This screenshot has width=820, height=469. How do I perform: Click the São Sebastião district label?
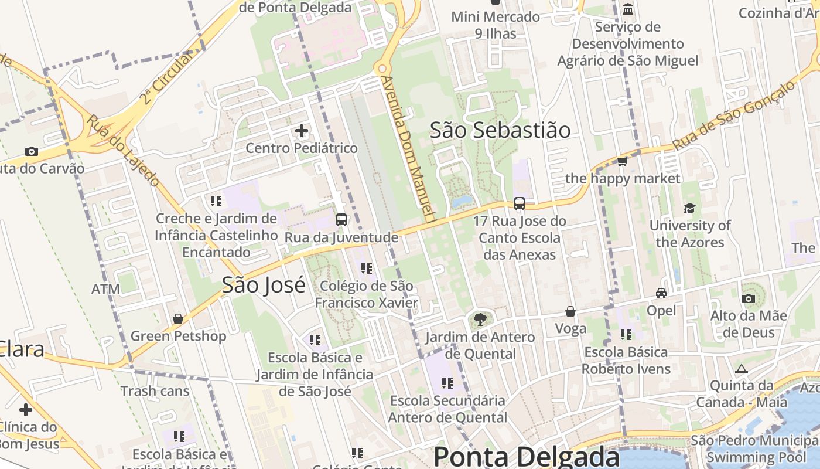coord(500,130)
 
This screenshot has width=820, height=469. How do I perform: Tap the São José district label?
coord(264,285)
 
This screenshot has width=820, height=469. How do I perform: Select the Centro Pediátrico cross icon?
coord(302,131)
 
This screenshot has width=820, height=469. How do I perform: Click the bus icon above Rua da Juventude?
coord(341,220)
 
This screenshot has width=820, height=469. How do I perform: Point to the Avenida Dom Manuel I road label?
coord(409,149)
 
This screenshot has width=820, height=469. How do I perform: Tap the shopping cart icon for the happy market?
coord(622,161)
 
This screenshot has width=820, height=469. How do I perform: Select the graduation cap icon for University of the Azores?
coord(689,209)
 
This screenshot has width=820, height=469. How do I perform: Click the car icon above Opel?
coord(661,293)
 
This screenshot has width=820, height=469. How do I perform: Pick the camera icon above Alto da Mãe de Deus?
coord(748,298)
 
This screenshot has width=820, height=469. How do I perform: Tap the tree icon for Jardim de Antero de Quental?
coord(480,320)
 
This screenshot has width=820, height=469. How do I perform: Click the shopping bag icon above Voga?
coord(570,311)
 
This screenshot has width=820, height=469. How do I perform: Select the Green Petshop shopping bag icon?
coord(178,319)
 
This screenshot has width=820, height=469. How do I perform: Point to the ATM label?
coord(105,289)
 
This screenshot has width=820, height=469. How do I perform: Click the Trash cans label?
coord(155,391)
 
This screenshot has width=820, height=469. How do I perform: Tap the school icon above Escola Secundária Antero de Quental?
coord(447,383)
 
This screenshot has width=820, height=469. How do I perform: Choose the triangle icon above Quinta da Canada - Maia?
coord(742,369)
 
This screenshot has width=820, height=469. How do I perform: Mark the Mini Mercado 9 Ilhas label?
coord(496,25)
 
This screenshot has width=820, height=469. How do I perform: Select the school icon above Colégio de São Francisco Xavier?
coord(367,269)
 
